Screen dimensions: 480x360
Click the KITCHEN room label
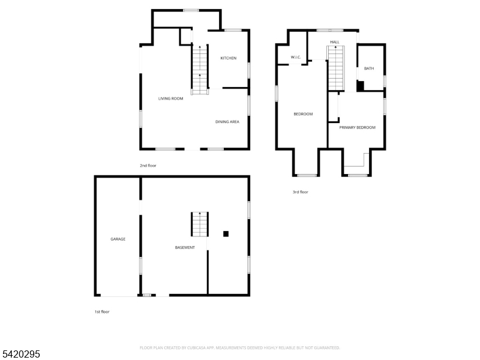229,58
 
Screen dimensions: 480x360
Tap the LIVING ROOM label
170,98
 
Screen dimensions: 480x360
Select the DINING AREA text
227,122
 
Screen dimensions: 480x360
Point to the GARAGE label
118,239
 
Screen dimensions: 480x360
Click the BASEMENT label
185,247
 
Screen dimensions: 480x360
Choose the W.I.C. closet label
296,57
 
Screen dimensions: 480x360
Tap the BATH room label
369,68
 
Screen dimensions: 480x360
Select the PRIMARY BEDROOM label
357,127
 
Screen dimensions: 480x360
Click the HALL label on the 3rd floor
335,42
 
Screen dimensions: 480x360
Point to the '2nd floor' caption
148,166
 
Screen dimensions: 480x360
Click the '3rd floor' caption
301,192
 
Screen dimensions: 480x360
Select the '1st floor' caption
102,311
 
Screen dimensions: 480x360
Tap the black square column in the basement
226,234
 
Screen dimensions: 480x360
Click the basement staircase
200,224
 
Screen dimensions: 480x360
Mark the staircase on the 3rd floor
336,68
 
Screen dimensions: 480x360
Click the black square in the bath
361,86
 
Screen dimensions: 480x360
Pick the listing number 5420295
20,354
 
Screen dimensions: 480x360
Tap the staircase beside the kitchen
200,70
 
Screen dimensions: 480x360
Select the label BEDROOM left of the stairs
303,114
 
